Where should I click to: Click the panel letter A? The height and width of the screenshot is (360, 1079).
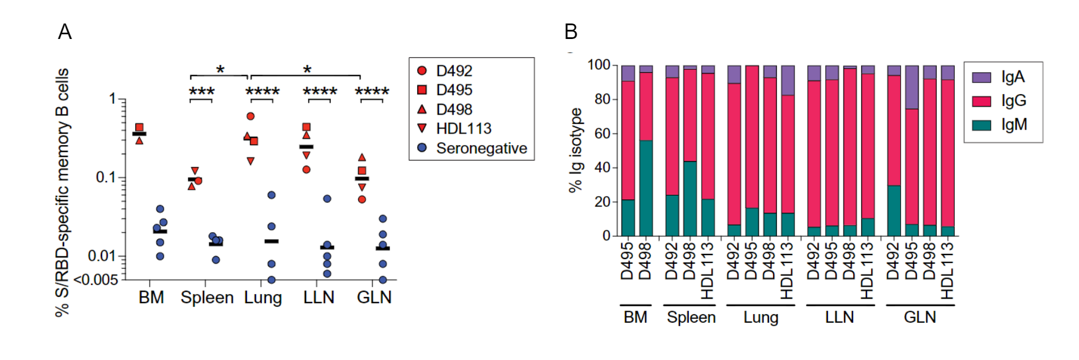(x=65, y=32)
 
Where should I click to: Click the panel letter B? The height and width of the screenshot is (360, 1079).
(x=570, y=32)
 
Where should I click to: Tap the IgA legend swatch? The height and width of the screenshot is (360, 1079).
(x=982, y=77)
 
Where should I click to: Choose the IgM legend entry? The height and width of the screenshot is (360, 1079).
(x=1013, y=124)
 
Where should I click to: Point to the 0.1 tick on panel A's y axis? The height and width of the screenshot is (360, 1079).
(x=105, y=177)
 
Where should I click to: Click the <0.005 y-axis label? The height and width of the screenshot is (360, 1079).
(x=96, y=279)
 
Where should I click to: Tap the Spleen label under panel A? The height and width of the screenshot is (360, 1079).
(x=207, y=298)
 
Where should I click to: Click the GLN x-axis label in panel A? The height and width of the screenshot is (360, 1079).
(x=374, y=298)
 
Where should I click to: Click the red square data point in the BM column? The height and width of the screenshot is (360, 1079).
(x=139, y=127)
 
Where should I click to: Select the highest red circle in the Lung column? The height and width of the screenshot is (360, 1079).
(x=250, y=116)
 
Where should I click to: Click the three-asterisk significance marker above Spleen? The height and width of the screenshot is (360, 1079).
(x=202, y=92)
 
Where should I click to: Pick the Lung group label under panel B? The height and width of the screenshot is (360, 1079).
(x=760, y=318)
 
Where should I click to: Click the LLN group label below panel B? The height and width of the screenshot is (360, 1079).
(x=839, y=318)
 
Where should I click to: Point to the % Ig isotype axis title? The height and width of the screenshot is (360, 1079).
(x=575, y=150)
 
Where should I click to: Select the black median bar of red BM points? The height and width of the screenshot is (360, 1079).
(x=139, y=134)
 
